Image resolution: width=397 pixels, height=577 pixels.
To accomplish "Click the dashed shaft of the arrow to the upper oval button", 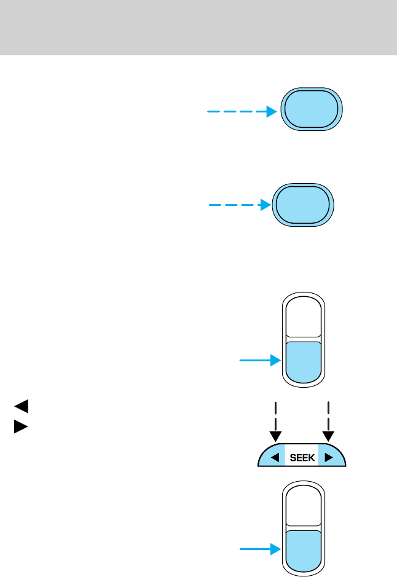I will tap(237, 112).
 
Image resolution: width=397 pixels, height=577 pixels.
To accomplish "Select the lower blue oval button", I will tap(303, 204).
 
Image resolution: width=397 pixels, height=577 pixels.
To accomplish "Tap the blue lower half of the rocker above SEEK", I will tap(303, 361).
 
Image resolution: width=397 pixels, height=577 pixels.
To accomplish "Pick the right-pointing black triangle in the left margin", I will tap(21, 425).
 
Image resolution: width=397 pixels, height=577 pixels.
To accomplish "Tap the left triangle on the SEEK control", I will tap(277, 457).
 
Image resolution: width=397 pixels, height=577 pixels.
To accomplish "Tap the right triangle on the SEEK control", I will tap(329, 457).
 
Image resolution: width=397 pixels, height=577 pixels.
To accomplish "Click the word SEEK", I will tap(302, 457).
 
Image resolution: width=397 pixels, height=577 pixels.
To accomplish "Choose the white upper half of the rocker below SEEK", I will tap(303, 506).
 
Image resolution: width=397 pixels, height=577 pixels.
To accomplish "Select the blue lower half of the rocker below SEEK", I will tap(303, 550).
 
